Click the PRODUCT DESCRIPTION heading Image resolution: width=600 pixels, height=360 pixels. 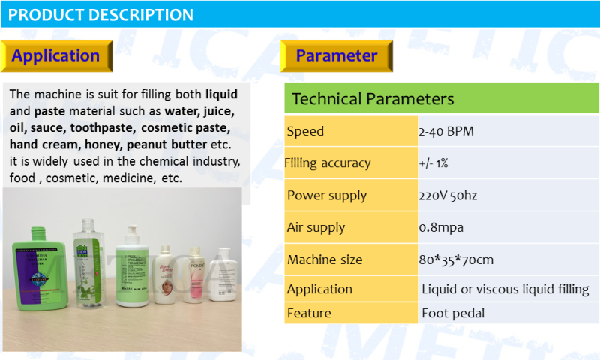click(x=101, y=15)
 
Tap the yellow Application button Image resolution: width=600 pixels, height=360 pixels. click(x=56, y=55)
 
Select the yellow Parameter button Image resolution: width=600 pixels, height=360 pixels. click(x=336, y=55)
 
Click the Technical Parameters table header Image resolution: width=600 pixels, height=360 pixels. click(x=373, y=99)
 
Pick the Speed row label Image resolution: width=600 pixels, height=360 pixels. click(x=306, y=131)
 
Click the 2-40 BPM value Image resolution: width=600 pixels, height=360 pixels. click(x=446, y=131)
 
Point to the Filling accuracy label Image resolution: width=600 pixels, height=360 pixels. click(x=328, y=163)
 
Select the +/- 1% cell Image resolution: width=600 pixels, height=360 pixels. click(x=433, y=163)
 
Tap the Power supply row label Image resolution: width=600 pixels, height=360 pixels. click(x=327, y=196)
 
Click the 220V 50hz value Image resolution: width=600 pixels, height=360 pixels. click(x=448, y=196)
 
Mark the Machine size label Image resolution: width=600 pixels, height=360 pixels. click(x=325, y=259)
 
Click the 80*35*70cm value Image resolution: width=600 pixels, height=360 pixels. click(x=456, y=259)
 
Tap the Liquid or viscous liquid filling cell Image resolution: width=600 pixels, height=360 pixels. click(x=505, y=289)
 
